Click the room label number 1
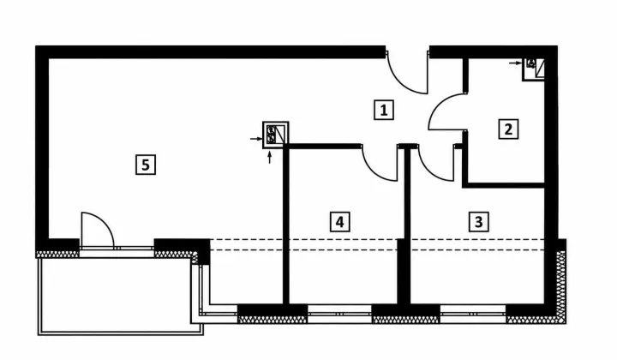[384, 110]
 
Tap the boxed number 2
[508, 129]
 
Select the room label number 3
[478, 222]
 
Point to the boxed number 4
[339, 222]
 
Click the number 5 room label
[146, 165]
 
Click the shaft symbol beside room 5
[275, 135]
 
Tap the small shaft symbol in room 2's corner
[534, 69]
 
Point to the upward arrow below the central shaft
[270, 158]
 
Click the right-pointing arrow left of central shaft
[256, 139]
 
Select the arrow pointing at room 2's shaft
[515, 63]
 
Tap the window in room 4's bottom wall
[339, 314]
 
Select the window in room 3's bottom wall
[473, 314]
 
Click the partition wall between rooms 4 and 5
[286, 225]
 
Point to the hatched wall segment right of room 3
[560, 281]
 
